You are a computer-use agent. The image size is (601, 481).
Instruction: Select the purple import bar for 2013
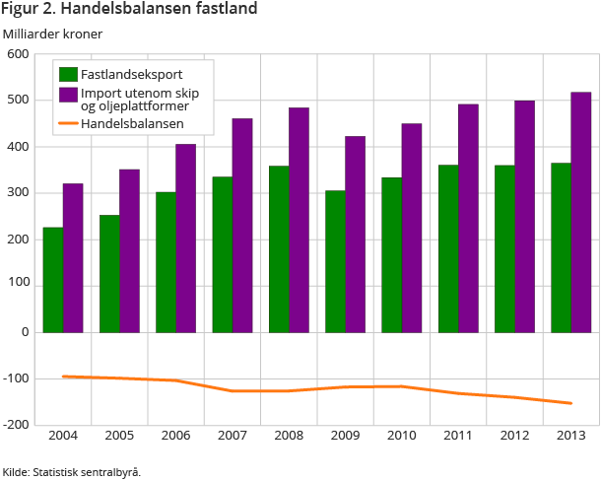[580, 212]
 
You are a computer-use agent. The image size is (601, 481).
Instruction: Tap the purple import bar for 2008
[299, 220]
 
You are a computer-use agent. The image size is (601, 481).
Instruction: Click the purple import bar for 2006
[186, 239]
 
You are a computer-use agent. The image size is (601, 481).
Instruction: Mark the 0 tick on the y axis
[24, 332]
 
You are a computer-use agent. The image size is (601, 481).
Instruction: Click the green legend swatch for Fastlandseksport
[68, 74]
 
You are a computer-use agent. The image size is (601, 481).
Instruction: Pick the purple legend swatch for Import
[68, 95]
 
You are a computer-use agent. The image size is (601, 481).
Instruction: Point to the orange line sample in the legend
[68, 124]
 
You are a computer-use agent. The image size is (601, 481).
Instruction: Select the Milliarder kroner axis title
[52, 34]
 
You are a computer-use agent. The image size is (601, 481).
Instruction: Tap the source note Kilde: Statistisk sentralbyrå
[71, 471]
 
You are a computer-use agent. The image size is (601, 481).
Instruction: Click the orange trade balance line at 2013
[570, 402]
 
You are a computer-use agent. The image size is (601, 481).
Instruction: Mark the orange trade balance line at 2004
[63, 377]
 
